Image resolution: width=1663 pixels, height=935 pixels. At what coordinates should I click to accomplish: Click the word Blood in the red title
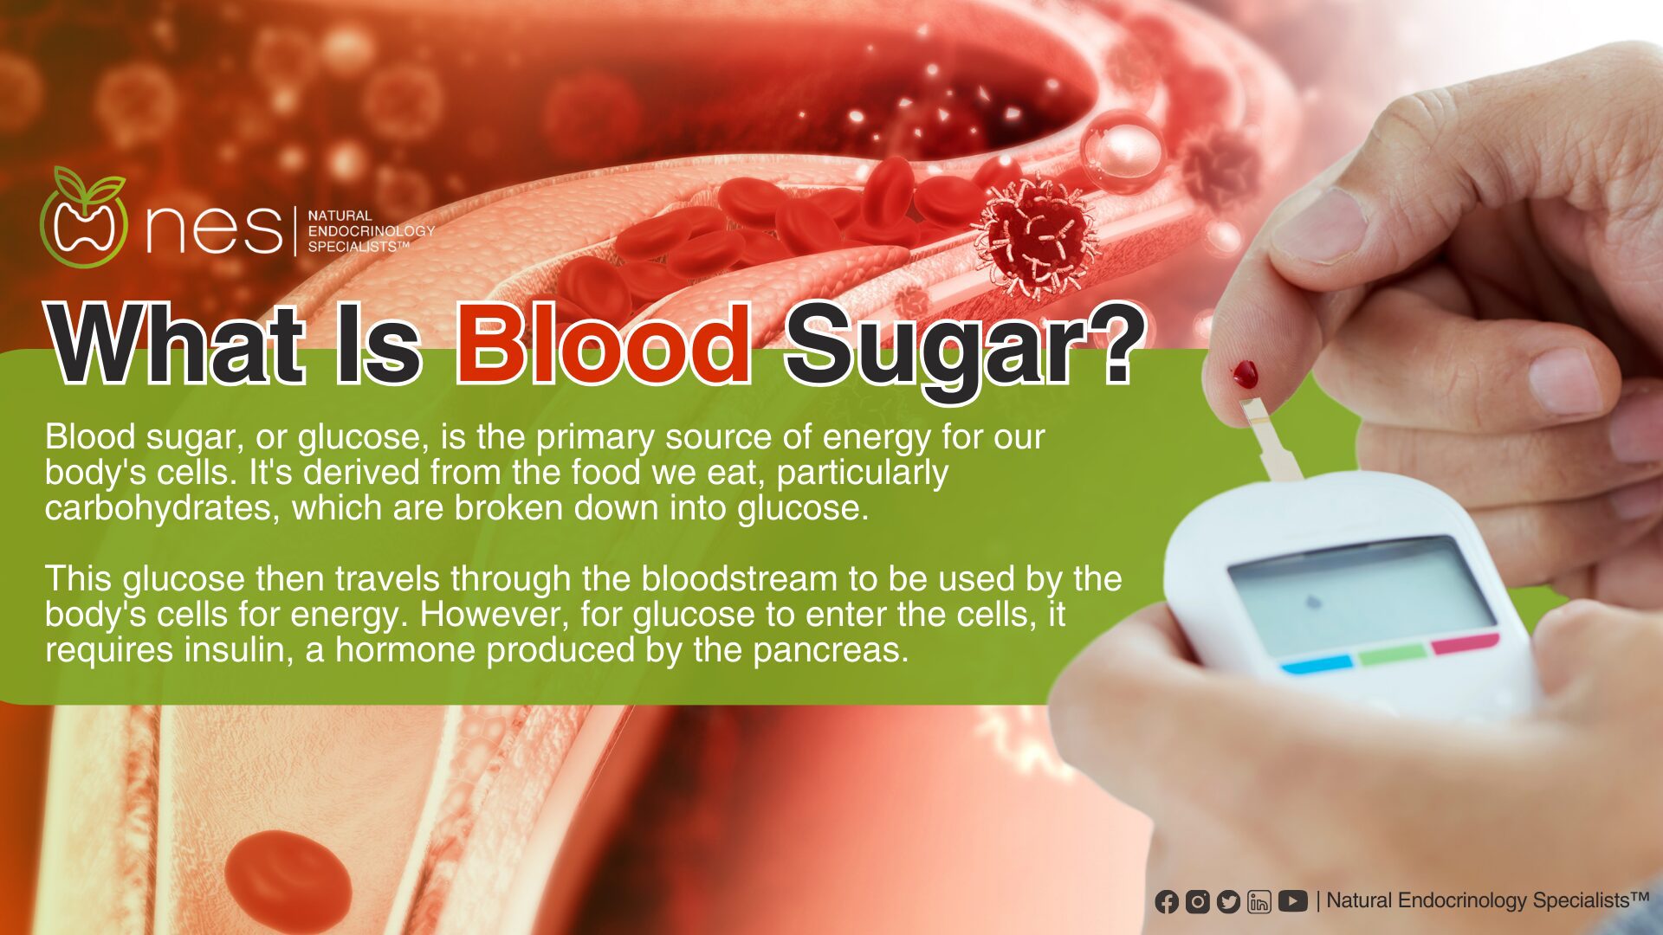click(604, 345)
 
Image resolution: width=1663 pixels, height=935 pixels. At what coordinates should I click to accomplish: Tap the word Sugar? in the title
click(965, 351)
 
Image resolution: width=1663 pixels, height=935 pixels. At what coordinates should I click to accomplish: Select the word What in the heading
click(177, 345)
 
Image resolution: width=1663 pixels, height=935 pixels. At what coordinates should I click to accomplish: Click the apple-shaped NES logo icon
click(84, 218)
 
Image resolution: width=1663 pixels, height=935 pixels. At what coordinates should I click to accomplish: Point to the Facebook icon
click(1167, 901)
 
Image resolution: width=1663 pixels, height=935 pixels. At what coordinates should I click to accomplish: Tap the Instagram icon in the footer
click(1198, 901)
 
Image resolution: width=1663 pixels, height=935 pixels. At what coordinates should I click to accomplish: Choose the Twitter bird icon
click(1228, 901)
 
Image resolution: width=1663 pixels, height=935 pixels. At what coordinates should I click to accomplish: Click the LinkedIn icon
click(1259, 901)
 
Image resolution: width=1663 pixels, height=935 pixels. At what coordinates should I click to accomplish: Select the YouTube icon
click(1292, 901)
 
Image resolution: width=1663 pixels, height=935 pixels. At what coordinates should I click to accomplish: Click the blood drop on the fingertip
click(1246, 374)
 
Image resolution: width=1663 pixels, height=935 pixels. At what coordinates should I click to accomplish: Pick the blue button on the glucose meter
click(1317, 664)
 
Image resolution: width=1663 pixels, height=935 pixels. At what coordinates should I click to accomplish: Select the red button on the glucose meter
click(1466, 643)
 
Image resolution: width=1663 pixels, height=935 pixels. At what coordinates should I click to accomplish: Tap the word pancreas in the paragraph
click(831, 651)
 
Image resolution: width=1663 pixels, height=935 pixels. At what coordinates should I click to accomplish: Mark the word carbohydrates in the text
click(163, 508)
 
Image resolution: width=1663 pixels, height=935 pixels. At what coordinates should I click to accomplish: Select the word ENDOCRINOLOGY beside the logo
click(372, 231)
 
